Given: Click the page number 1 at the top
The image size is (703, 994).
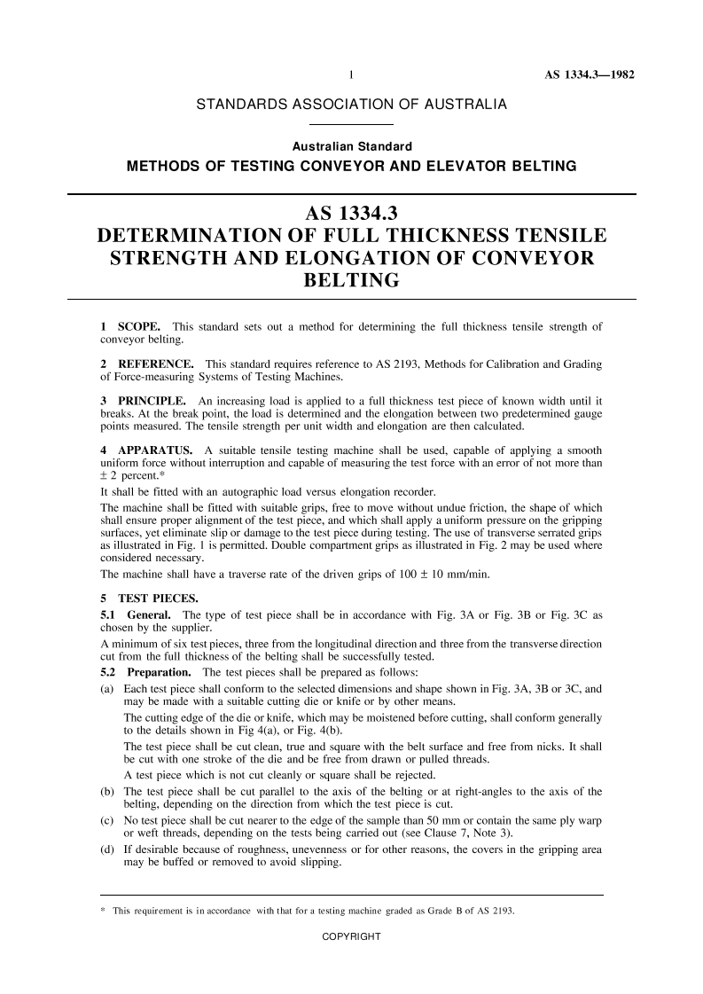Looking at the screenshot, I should pyautogui.click(x=352, y=74).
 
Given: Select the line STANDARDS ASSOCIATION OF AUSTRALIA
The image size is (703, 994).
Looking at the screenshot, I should pyautogui.click(x=351, y=106).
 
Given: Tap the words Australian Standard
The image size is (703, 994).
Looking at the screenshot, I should pyautogui.click(x=352, y=146).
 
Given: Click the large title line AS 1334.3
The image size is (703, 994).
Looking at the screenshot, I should pyautogui.click(x=351, y=215).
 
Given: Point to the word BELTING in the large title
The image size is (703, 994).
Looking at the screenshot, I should pyautogui.click(x=351, y=281).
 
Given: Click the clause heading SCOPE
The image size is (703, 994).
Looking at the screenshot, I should pyautogui.click(x=138, y=328).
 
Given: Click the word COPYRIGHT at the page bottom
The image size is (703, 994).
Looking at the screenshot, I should pyautogui.click(x=351, y=937).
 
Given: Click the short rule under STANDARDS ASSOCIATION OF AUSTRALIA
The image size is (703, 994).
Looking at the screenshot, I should pyautogui.click(x=351, y=125).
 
